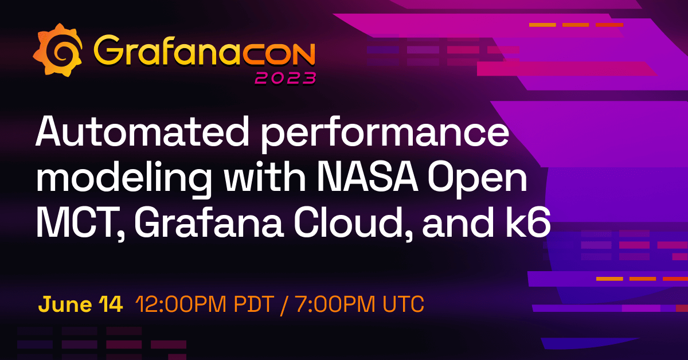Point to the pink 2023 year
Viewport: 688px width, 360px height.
285,78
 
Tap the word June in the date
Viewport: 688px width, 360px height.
62,304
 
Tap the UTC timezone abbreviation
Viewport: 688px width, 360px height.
402,304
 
